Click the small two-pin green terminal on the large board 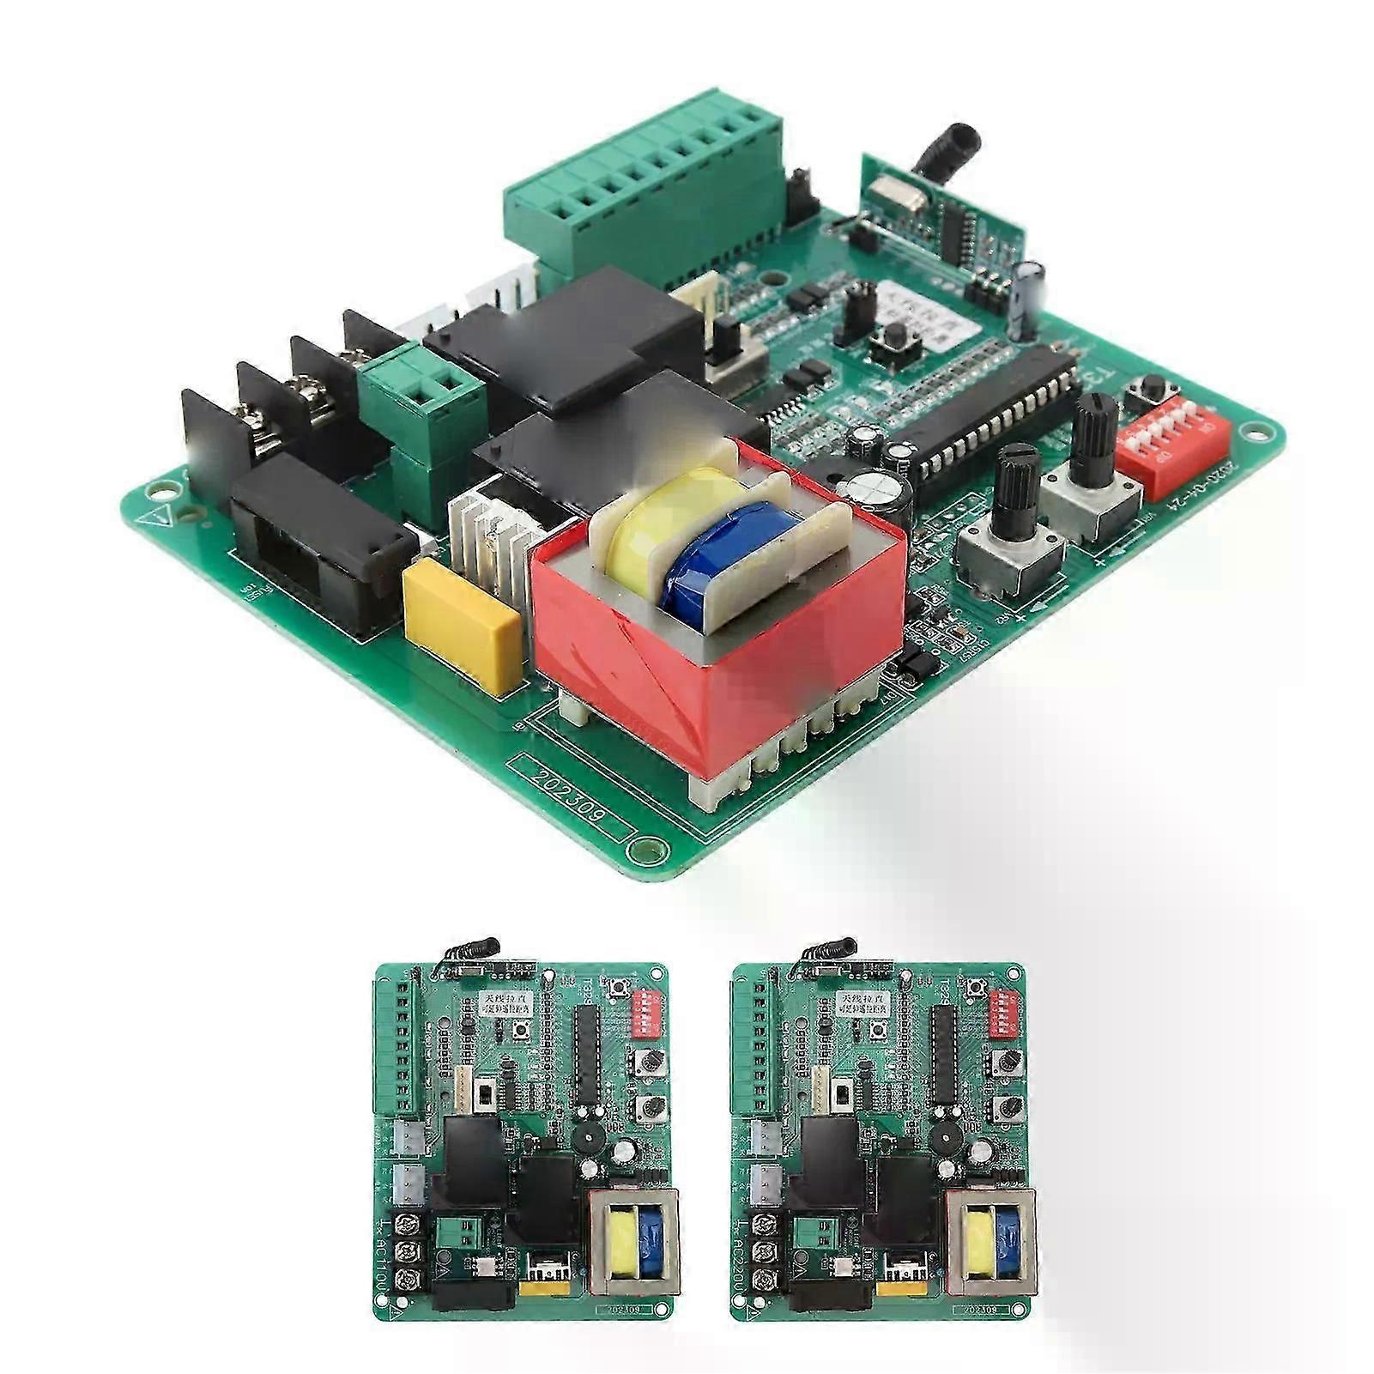point(421,386)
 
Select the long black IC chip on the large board point(996,412)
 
